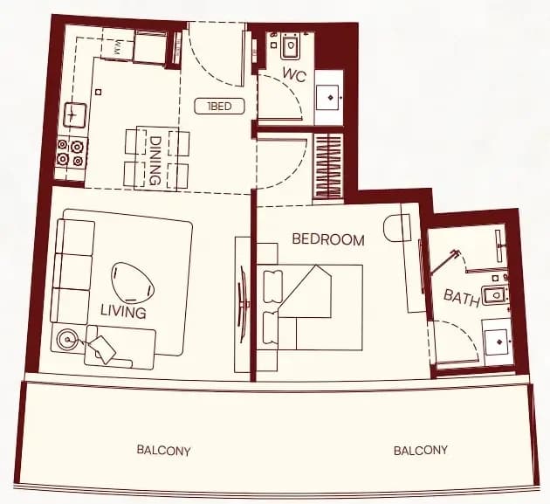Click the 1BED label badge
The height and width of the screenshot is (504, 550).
[219, 107]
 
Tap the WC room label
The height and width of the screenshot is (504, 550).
[295, 75]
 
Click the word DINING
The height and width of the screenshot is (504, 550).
[155, 161]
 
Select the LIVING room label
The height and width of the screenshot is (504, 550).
[123, 312]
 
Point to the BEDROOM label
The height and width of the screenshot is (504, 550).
[328, 239]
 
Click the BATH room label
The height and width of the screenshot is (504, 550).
[462, 298]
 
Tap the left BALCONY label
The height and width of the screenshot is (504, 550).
[164, 451]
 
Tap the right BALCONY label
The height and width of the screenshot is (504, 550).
[421, 451]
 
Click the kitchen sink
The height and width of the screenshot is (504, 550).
[75, 114]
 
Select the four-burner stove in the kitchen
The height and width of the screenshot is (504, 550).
[72, 153]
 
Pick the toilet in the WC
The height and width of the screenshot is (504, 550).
[291, 45]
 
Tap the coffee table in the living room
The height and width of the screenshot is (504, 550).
[133, 282]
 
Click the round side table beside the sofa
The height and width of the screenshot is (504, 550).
[66, 340]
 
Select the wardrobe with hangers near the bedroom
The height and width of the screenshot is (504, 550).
[328, 167]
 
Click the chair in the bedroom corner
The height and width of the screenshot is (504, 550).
[397, 228]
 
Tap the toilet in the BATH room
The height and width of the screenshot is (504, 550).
[495, 295]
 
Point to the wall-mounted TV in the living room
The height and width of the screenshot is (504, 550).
[244, 304]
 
